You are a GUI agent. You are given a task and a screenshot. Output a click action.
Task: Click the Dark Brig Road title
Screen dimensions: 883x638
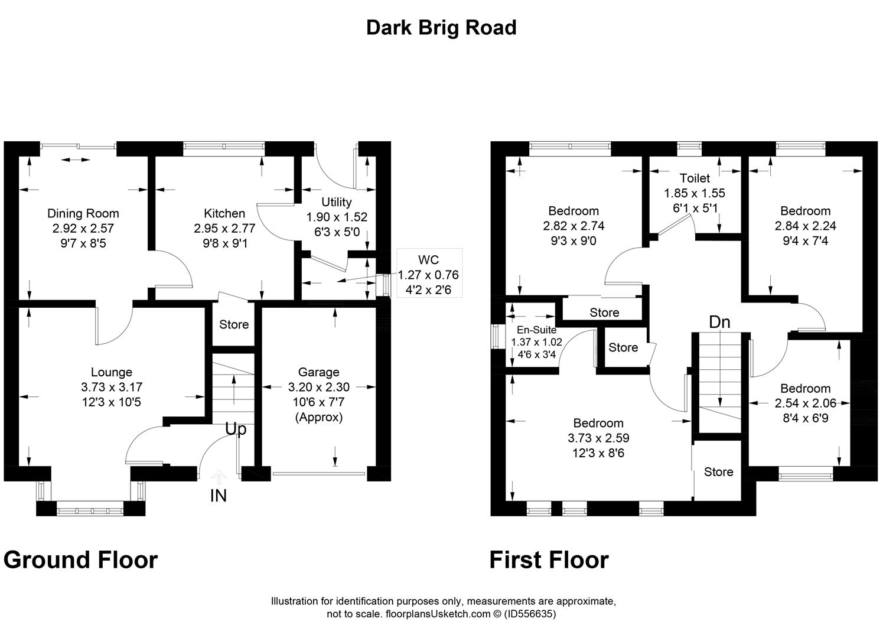[x=441, y=28]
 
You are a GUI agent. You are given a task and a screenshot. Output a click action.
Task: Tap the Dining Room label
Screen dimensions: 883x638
[x=83, y=213]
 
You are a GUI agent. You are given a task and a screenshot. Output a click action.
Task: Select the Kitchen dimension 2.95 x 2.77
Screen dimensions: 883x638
[x=224, y=228]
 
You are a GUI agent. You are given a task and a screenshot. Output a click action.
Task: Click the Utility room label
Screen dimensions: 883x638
[x=336, y=202]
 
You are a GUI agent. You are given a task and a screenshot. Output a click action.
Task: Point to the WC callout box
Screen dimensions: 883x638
[x=429, y=273]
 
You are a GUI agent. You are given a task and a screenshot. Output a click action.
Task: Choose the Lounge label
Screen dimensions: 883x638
[x=112, y=372]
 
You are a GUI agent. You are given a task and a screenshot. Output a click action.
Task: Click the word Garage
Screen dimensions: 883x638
[x=318, y=372]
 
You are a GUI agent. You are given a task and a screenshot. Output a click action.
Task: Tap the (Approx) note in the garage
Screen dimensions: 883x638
[x=319, y=417]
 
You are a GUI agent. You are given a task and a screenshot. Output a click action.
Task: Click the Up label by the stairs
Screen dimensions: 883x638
[x=236, y=429]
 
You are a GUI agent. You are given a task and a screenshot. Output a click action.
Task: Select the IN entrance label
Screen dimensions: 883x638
[x=219, y=496]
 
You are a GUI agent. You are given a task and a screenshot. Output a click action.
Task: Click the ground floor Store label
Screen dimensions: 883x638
[x=234, y=324]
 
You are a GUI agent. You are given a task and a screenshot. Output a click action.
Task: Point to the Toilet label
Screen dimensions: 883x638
[x=695, y=178]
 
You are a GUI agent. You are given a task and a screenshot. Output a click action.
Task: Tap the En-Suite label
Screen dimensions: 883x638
[x=536, y=330]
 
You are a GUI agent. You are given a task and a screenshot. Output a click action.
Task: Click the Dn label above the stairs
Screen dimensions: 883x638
[x=719, y=322]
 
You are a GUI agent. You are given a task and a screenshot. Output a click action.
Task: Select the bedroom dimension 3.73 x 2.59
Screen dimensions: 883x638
[x=598, y=438]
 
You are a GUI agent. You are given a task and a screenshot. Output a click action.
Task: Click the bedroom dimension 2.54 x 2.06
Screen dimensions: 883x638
[x=806, y=403]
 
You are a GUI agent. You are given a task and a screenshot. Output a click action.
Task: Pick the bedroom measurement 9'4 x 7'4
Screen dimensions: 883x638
[x=806, y=240]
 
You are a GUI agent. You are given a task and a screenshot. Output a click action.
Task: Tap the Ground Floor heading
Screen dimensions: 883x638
[x=81, y=560]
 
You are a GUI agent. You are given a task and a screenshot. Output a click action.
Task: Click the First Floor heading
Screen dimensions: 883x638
[x=549, y=560]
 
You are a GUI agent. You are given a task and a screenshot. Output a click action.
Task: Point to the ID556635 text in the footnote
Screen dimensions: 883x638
[x=530, y=614]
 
